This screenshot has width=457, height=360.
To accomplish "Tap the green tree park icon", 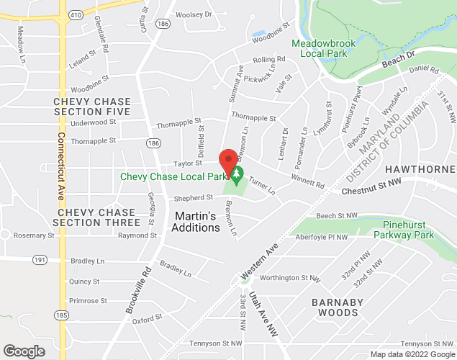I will pos(236,174).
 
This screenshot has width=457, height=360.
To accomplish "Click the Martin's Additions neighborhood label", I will pos(196,221).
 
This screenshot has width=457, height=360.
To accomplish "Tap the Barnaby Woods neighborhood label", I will pos(338,307).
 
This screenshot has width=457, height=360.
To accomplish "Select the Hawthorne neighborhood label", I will pos(421,168).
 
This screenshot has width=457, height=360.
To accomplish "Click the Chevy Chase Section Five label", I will pos(91,107).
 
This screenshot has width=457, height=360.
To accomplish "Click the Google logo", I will pos(24,351).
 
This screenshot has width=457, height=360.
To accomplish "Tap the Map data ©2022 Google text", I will pos(412,354).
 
